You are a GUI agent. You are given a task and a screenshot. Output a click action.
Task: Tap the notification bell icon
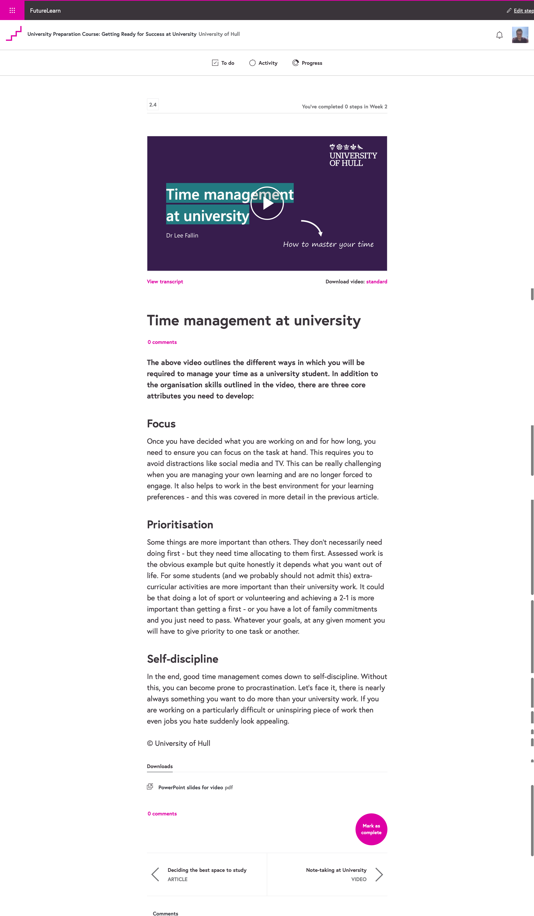click(499, 35)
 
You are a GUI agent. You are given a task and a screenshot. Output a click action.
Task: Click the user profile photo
click(520, 35)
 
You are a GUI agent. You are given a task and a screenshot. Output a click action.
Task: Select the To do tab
click(223, 63)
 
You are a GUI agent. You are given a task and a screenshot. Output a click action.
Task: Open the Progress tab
click(307, 63)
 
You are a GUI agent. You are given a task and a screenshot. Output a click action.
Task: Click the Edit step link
click(522, 11)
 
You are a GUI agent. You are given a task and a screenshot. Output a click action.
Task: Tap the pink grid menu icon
click(12, 10)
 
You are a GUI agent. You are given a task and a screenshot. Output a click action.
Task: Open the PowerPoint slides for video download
click(191, 787)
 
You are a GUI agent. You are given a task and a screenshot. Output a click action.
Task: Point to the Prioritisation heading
click(180, 524)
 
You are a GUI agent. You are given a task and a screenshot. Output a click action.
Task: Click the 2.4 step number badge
click(153, 105)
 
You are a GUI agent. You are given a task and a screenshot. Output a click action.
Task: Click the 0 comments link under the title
click(162, 342)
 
